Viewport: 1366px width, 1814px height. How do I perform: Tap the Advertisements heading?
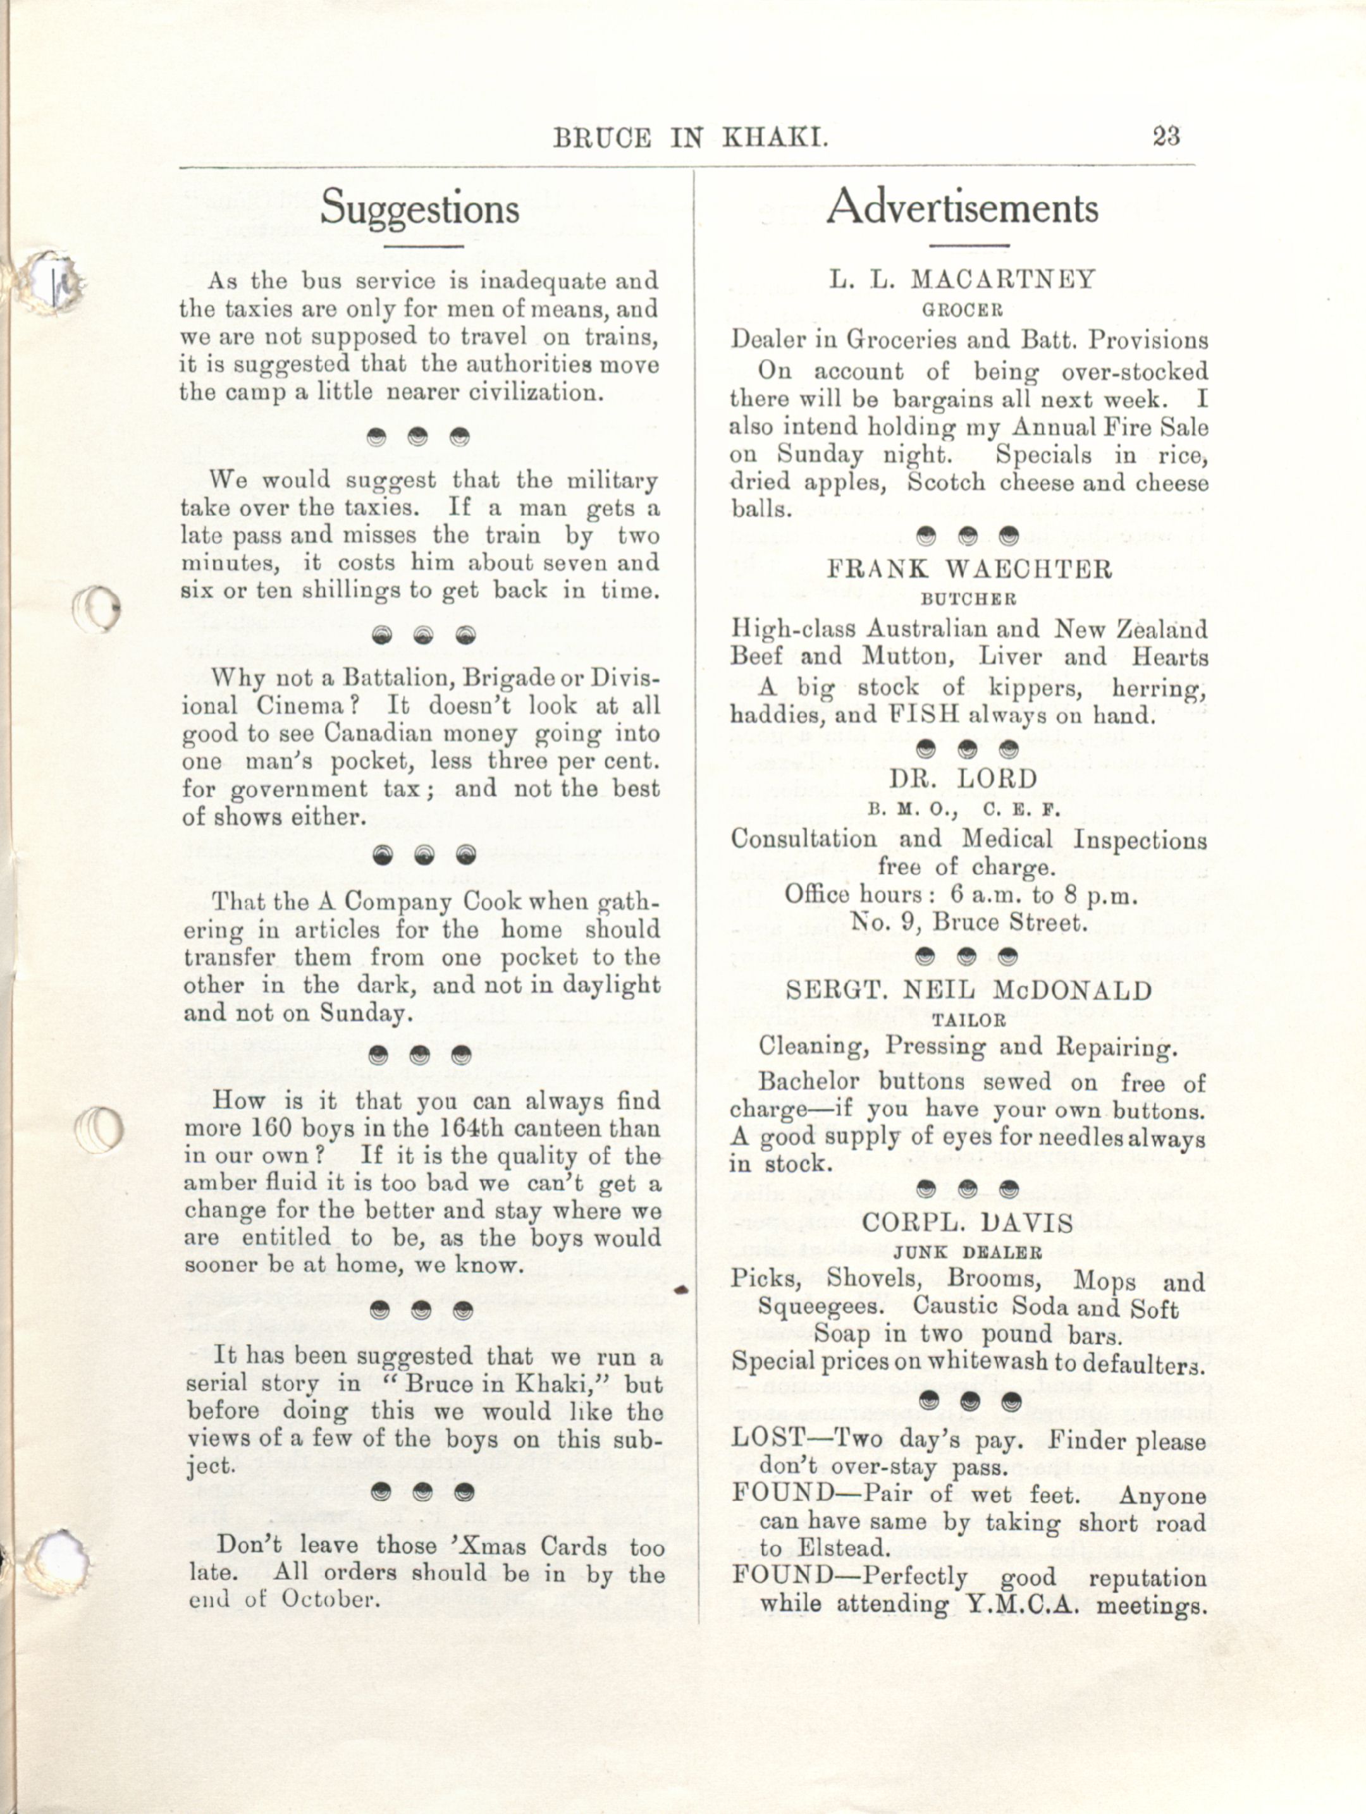(961, 207)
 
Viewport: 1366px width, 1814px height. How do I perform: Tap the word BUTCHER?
(968, 599)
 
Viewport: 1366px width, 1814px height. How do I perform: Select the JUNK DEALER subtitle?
(968, 1252)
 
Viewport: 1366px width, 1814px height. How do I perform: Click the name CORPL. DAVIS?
(968, 1223)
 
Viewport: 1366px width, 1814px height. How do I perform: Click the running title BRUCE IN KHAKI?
(690, 138)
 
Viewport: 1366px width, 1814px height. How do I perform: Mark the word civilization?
(535, 391)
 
